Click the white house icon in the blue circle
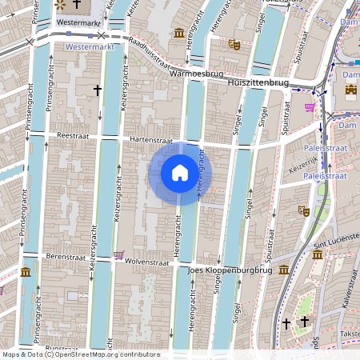coord(180,173)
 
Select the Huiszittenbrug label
coord(257,82)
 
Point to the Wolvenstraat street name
coord(150,261)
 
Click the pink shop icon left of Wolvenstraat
coord(118,256)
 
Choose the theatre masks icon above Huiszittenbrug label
coord(234,45)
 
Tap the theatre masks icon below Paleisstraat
coord(303,210)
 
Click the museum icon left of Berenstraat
coord(26,271)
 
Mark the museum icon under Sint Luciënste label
coord(318,254)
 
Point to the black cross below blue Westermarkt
coord(98,90)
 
